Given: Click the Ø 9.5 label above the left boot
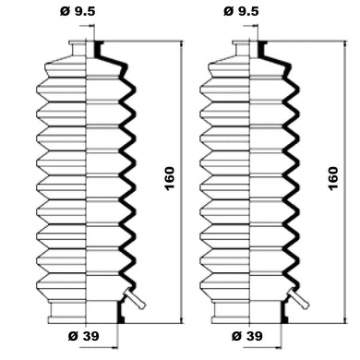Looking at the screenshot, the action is pyautogui.click(x=78, y=12).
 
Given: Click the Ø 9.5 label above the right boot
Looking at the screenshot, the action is pyautogui.click(x=241, y=12).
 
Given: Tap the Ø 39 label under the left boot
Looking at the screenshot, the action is pyautogui.click(x=83, y=336).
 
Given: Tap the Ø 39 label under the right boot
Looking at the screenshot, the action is pyautogui.click(x=247, y=336).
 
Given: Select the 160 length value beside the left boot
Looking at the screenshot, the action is pyautogui.click(x=170, y=178).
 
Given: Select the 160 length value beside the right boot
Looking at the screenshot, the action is pyautogui.click(x=333, y=178).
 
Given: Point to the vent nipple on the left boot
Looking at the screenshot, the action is pyautogui.click(x=135, y=298).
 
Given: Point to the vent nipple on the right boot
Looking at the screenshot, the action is pyautogui.click(x=298, y=298).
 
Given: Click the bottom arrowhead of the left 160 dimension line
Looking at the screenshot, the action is pyautogui.click(x=182, y=319).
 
